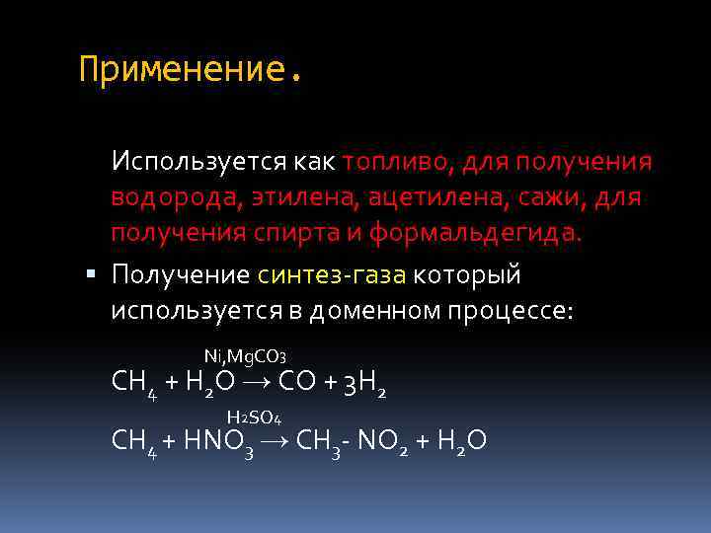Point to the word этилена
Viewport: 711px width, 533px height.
click(302, 197)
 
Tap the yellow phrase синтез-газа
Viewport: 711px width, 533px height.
click(334, 272)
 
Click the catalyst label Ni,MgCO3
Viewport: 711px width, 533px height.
click(245, 354)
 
